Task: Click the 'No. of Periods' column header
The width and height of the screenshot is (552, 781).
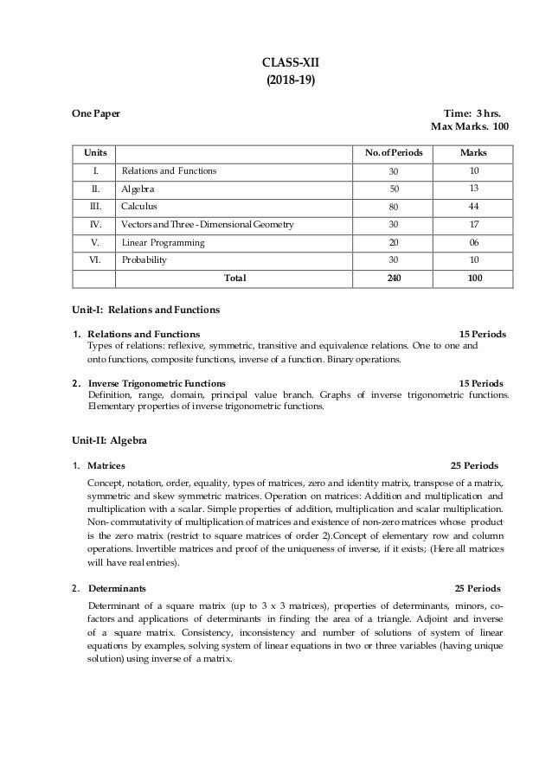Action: pos(394,152)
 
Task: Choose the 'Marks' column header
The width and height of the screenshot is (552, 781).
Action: pos(474,152)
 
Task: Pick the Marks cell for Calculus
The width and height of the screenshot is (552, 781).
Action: pos(474,207)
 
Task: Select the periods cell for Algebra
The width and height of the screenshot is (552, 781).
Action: pos(394,189)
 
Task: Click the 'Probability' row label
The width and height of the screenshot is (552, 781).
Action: pos(144,260)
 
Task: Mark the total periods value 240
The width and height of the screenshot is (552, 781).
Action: pos(394,278)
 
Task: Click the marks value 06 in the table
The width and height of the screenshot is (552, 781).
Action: pos(474,242)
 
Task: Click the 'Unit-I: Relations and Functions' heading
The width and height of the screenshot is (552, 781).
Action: pos(145,309)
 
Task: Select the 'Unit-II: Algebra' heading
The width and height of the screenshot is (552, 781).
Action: pos(109,441)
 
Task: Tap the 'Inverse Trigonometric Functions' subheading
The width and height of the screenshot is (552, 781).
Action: pos(157,382)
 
